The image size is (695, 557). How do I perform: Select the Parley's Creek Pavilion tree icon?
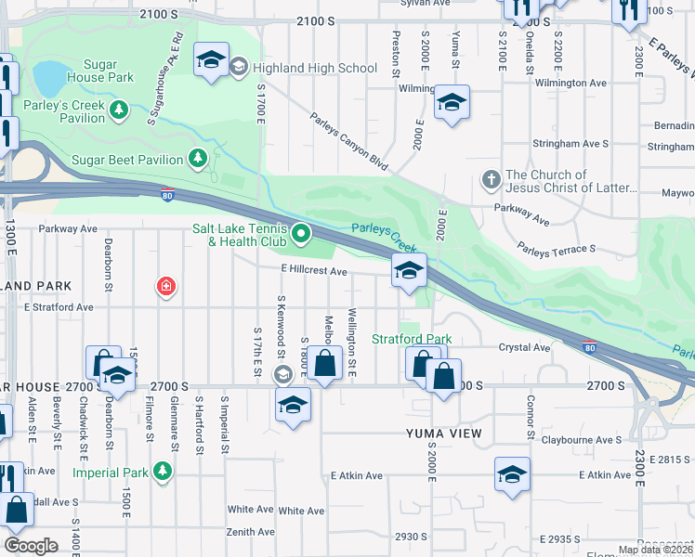pyautogui.click(x=118, y=110)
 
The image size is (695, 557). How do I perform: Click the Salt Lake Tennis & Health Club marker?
pyautogui.click(x=301, y=233)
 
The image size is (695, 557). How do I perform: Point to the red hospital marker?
pyautogui.click(x=165, y=287)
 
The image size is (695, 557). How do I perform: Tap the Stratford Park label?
pyautogui.click(x=412, y=339)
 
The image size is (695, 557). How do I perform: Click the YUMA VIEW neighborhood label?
pyautogui.click(x=443, y=434)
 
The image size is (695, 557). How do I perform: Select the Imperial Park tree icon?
pyautogui.click(x=164, y=472)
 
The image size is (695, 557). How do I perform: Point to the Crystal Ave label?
pyautogui.click(x=525, y=347)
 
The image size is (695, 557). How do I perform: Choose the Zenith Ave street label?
pyautogui.click(x=251, y=532)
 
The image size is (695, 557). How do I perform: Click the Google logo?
pyautogui.click(x=31, y=546)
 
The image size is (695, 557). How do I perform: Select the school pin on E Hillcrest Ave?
pyautogui.click(x=409, y=271)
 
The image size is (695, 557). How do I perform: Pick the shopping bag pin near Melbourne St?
pyautogui.click(x=324, y=365)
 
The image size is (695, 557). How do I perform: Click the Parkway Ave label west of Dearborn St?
pyautogui.click(x=68, y=228)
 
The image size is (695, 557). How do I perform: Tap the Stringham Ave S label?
pyautogui.click(x=570, y=144)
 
